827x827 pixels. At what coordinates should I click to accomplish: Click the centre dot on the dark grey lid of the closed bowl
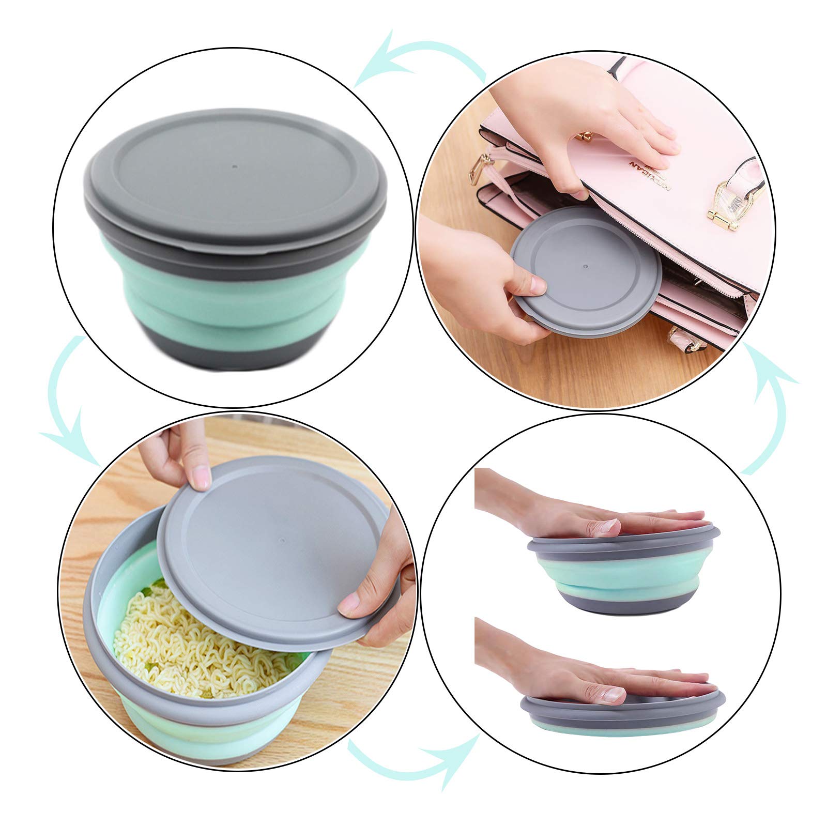point(235,168)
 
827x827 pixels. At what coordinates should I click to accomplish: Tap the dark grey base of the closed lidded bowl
point(233,354)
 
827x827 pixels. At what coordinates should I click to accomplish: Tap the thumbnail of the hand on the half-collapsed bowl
point(607,528)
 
